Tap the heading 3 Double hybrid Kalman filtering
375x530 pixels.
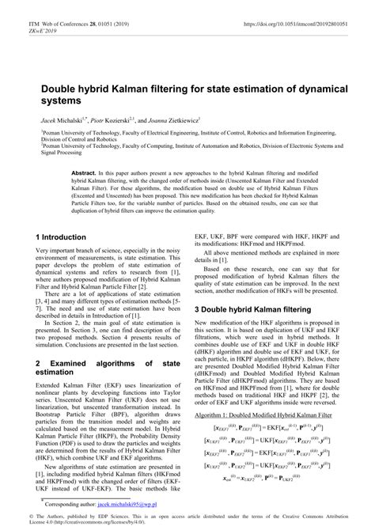(x=265, y=310)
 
